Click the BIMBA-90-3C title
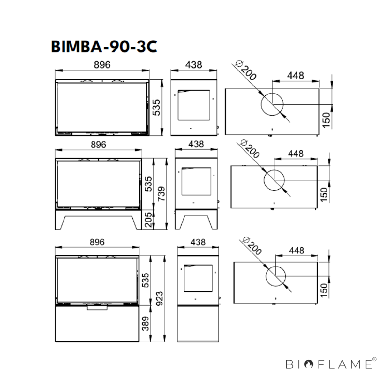[x=104, y=47]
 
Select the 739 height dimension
[x=161, y=194]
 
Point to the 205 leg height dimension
[x=148, y=220]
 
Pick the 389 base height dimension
[x=146, y=324]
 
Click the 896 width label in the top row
[x=102, y=64]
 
